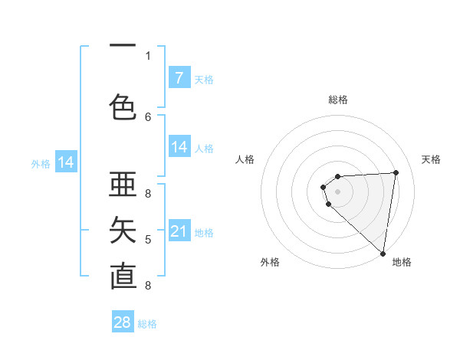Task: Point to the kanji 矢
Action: pos(123,230)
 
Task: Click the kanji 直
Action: pos(123,276)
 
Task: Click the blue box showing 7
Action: pos(179,78)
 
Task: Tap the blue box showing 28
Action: pos(123,322)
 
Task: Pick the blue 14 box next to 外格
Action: pos(66,162)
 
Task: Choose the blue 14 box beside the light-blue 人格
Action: pos(179,147)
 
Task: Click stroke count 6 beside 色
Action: pos(148,116)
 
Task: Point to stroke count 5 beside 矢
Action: pos(148,240)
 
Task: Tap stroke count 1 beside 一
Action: pos(148,55)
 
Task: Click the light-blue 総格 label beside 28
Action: pos(147,324)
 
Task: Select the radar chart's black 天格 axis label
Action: pos(431,159)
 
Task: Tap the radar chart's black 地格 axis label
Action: pos(402,262)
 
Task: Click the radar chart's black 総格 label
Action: pos(337,100)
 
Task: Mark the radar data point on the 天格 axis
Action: pos(396,172)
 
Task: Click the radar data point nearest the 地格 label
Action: pos(383,254)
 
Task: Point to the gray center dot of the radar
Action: pos(337,191)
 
